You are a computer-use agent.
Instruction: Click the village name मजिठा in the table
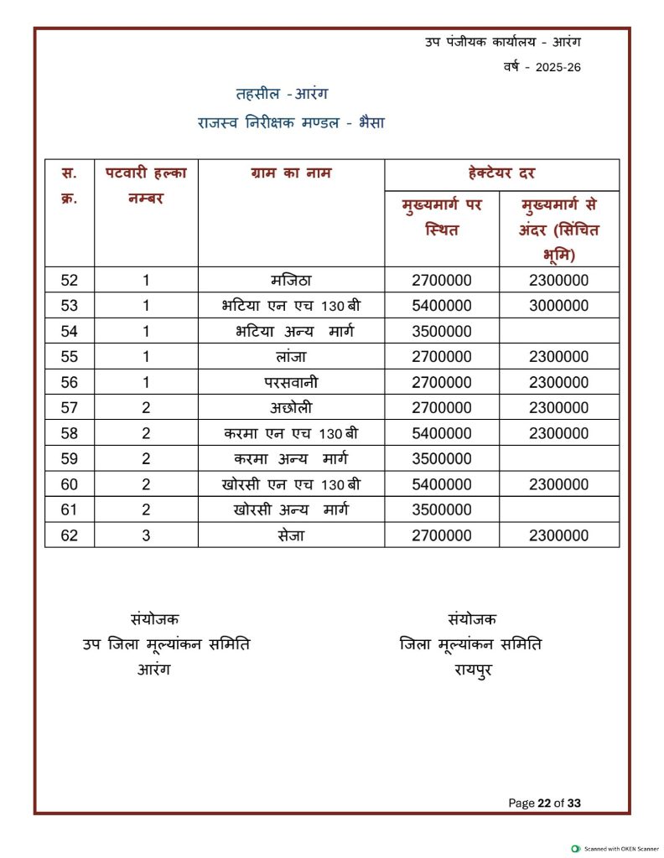[290, 281]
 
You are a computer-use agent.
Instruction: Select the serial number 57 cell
[70, 408]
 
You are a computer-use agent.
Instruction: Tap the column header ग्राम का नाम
[291, 173]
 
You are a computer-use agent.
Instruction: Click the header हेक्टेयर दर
[501, 173]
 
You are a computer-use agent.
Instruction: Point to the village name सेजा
[290, 535]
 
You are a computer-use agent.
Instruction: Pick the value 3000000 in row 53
[558, 306]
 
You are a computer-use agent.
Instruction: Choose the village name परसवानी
[290, 383]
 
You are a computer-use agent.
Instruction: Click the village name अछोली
[290, 408]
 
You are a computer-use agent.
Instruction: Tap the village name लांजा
[290, 357]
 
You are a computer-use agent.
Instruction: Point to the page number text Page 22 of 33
[544, 803]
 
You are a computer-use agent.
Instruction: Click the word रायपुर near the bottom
[472, 669]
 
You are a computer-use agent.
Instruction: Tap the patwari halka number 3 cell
[146, 535]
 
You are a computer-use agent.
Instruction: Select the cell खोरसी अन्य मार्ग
[290, 509]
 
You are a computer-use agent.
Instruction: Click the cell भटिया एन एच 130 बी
[290, 306]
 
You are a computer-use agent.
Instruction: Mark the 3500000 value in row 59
[442, 459]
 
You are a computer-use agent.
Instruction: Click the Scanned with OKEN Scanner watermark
[615, 849]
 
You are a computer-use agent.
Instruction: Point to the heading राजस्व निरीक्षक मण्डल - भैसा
[291, 123]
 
